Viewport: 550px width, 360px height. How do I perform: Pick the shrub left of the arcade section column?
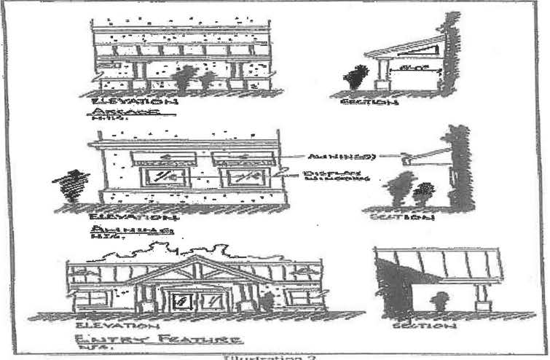[x=357, y=77]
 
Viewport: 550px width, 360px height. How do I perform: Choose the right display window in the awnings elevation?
[x=245, y=177]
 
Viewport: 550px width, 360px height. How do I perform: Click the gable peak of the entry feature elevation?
[x=195, y=259]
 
